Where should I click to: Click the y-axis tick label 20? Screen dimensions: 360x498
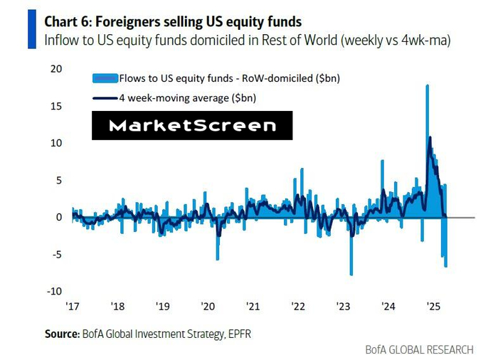[x=56, y=69]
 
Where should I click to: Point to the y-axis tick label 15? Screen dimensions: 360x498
[x=56, y=106]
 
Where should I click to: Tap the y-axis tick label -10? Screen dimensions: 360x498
[x=54, y=291]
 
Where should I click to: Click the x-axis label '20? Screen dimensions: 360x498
[x=208, y=307]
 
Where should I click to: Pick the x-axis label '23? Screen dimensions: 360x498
[x=343, y=307]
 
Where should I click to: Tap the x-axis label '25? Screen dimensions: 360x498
[x=433, y=307]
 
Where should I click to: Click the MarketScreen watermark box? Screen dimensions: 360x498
[x=192, y=126]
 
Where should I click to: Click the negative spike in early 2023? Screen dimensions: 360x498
[x=351, y=270]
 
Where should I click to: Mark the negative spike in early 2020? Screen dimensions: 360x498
[x=218, y=256]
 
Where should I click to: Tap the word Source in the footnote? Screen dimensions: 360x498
[x=61, y=332]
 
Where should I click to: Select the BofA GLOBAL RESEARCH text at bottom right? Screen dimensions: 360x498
[x=419, y=349]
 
